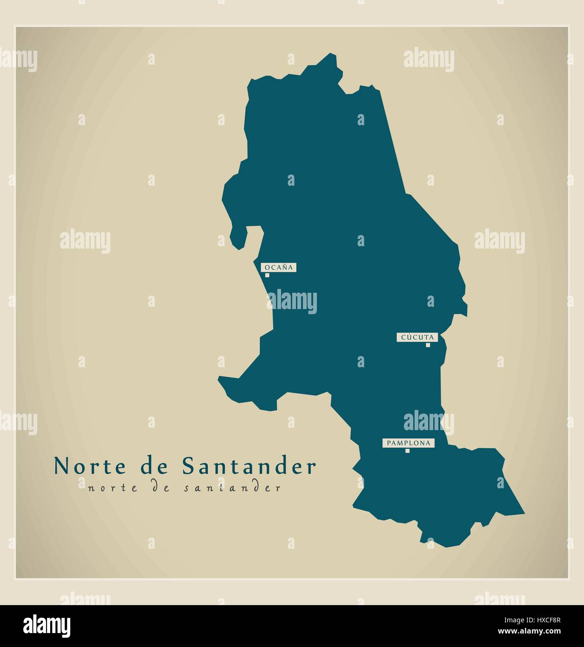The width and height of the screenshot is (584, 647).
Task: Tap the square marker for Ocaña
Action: click(267, 275)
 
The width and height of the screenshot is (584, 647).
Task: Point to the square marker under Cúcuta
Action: click(428, 345)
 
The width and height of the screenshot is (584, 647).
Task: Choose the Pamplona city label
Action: click(408, 443)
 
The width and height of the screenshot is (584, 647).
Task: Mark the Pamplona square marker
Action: click(407, 451)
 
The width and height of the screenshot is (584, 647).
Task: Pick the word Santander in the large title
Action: click(248, 466)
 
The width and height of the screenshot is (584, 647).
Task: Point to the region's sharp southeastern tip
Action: click(524, 513)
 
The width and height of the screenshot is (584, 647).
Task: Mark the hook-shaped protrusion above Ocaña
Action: click(242, 237)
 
